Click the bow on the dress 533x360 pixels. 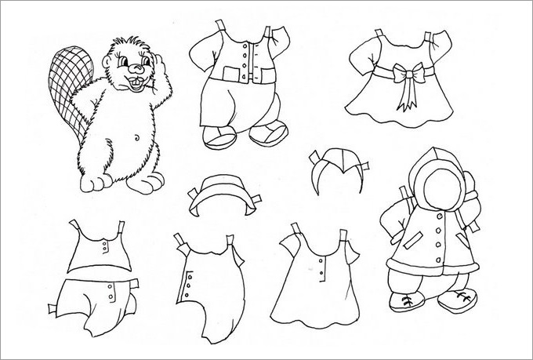point(408,76)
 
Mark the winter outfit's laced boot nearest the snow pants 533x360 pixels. point(407,300)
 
